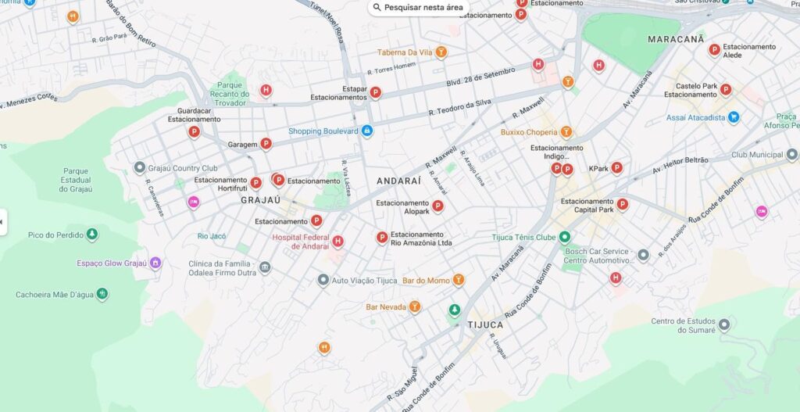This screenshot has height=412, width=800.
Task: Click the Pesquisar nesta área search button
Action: [419, 8]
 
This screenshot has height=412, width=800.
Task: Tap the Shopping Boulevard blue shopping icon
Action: [366, 131]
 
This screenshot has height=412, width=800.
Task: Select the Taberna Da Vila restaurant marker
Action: [441, 52]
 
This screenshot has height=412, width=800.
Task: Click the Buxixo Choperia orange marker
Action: [566, 132]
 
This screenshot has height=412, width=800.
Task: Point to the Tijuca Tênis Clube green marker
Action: [565, 237]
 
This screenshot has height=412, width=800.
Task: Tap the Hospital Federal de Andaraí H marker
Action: [337, 242]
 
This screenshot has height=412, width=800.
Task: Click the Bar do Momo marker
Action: [459, 280]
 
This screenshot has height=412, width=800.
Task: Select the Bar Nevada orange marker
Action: [415, 306]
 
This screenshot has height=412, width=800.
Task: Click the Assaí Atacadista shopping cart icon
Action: [733, 117]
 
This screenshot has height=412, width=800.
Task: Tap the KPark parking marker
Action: [616, 167]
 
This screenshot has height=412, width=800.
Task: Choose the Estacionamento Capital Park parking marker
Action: [622, 205]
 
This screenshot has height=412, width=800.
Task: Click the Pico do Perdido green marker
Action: [92, 235]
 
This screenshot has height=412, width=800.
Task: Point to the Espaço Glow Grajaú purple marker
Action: [155, 263]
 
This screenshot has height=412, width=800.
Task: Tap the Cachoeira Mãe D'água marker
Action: [102, 294]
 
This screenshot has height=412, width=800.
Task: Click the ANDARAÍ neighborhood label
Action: [398, 181]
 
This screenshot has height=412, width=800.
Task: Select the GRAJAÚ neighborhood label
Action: [260, 200]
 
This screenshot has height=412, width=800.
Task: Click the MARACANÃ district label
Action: [676, 38]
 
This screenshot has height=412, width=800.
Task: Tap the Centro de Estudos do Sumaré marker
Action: [724, 324]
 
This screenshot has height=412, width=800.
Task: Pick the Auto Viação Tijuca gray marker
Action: [323, 280]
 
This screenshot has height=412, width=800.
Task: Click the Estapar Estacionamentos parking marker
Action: [375, 92]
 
